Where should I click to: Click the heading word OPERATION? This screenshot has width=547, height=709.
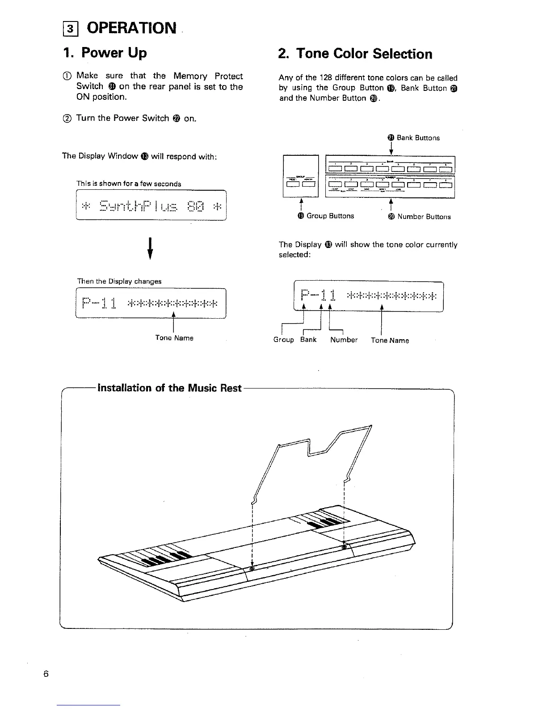131,28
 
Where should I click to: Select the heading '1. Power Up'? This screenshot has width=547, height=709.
105,53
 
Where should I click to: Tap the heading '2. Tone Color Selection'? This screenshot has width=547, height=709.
355,54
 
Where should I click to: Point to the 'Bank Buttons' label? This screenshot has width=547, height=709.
418,138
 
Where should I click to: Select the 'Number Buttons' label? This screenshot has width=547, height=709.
424,217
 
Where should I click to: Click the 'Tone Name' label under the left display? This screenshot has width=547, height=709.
174,338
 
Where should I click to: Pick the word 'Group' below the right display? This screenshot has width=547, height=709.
284,340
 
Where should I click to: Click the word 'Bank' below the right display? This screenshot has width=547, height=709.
308,340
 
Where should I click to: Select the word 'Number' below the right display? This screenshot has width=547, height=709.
344,340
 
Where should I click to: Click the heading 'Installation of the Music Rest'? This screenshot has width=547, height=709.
169,388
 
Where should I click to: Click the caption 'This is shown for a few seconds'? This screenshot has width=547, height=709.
129,184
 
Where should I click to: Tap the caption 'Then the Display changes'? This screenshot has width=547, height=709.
119,282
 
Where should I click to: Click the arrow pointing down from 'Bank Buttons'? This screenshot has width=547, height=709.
391,148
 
